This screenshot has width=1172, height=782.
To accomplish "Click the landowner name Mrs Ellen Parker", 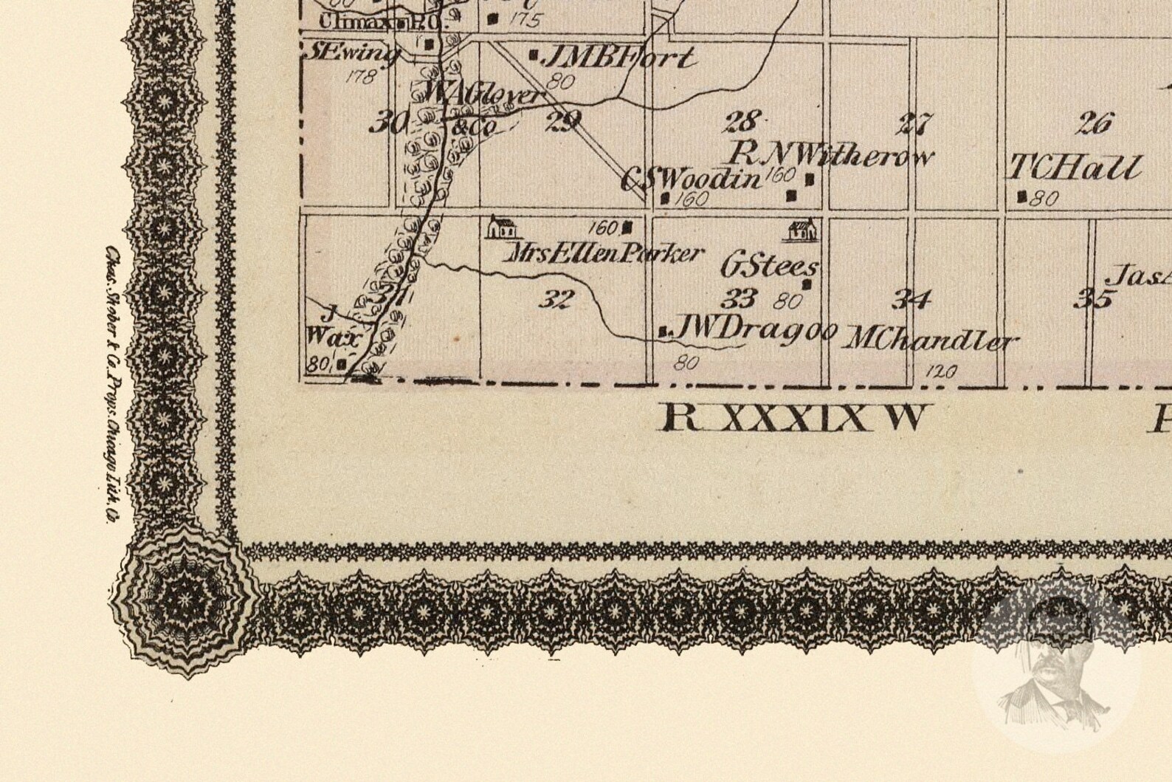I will [x=603, y=254].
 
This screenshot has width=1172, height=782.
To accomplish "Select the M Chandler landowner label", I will [x=930, y=340].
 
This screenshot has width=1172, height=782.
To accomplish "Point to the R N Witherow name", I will [x=830, y=155].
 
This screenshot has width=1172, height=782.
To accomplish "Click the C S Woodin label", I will [x=690, y=179].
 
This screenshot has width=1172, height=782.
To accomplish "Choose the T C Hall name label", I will [x=1075, y=169].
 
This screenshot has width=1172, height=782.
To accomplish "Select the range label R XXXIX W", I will [x=793, y=419].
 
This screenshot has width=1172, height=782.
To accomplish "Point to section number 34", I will [x=911, y=299].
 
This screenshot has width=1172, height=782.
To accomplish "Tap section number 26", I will [x=1094, y=123].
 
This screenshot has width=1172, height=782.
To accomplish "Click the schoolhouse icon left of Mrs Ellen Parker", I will [x=501, y=227].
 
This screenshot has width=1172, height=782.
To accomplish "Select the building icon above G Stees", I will [x=802, y=230].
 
